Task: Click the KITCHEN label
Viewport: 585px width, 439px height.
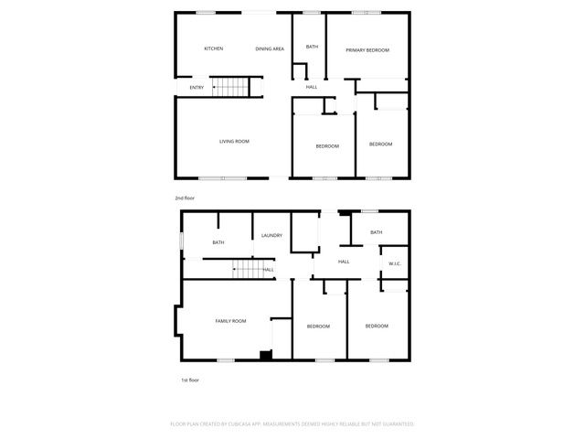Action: [213, 48]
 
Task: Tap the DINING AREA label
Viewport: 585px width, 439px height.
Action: [270, 48]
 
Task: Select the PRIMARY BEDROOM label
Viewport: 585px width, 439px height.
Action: [367, 49]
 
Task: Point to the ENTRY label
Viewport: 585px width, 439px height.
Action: [197, 87]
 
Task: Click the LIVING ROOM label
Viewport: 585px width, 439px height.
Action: [234, 141]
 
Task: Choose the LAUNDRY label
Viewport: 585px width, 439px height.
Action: [271, 235]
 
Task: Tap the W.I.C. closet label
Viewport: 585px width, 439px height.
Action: [395, 264]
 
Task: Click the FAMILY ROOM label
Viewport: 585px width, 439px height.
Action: [230, 321]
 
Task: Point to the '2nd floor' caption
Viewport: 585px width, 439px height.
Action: [185, 198]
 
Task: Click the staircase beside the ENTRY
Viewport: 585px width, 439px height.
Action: [230, 87]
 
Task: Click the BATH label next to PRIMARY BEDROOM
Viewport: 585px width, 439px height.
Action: [312, 47]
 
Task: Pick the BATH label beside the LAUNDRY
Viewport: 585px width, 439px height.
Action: [218, 242]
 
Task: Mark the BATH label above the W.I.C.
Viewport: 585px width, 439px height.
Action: [376, 232]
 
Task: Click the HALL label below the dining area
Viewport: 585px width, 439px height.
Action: [312, 87]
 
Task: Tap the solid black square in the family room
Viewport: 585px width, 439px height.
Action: [265, 356]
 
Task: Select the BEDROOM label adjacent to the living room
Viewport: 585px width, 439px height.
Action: [327, 146]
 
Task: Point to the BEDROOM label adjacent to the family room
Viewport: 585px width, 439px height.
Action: [318, 327]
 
